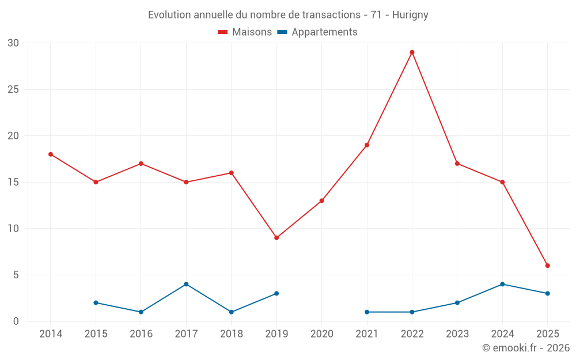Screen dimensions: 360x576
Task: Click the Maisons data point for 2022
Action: (412, 52)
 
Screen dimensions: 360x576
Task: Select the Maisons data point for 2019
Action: (276, 238)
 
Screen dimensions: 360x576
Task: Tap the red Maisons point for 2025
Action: (548, 266)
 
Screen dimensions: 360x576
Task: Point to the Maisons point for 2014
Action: (51, 154)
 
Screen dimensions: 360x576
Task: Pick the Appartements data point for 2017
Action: (186, 284)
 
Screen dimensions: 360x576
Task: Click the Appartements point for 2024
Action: (502, 284)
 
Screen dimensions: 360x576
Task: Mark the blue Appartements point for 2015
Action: (96, 302)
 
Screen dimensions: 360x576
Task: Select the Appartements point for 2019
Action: (276, 293)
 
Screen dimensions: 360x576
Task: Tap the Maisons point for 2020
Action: (321, 200)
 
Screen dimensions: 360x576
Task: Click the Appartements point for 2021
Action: (367, 312)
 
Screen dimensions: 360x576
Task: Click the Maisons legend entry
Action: (245, 32)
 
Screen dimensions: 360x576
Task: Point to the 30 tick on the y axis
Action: (13, 43)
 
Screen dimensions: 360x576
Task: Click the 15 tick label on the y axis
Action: (13, 182)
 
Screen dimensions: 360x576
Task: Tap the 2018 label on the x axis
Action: (232, 334)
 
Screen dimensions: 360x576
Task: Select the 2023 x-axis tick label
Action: (457, 334)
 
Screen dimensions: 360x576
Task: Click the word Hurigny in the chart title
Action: (410, 15)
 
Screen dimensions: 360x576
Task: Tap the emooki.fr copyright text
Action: (526, 348)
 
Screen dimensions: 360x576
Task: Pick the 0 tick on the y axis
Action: (16, 321)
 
